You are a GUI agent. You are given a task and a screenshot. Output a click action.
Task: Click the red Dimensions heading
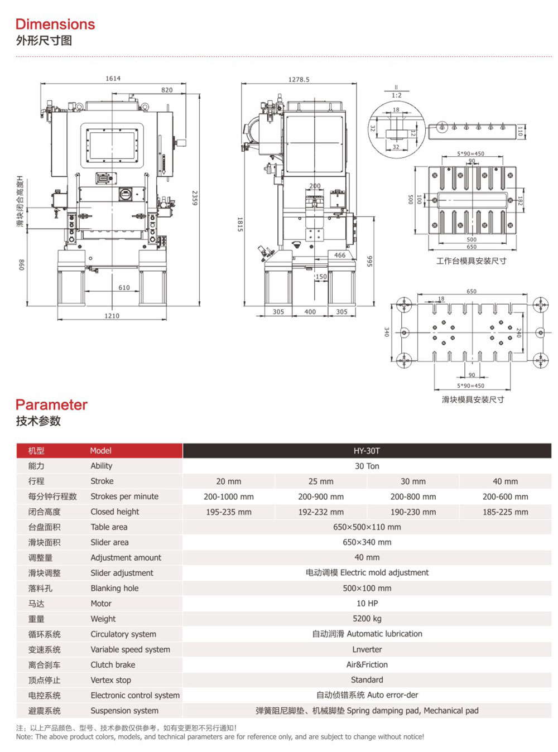55,24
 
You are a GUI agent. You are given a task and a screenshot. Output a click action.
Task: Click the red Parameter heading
51,404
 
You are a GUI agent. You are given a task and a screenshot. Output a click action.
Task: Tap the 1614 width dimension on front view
113,79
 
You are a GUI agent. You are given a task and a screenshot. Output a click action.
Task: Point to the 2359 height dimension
194,198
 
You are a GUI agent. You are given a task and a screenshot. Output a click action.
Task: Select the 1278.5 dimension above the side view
299,80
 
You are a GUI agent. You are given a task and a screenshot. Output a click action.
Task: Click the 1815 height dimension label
240,224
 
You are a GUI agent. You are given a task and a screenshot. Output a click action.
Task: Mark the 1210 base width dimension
112,316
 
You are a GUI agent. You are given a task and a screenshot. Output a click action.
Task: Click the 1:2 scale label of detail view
396,95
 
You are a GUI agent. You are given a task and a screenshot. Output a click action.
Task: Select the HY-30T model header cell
367,451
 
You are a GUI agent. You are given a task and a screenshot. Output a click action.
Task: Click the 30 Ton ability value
367,466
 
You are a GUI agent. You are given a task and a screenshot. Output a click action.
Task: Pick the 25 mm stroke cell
321,481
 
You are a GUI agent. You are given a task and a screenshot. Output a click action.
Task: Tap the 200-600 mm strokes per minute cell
505,496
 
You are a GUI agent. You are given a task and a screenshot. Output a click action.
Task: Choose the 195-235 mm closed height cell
228,512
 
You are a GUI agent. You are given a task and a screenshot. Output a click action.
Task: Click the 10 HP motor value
367,603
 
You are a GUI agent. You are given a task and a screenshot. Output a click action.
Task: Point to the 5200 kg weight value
367,618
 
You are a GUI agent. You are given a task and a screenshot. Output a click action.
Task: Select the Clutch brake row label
113,664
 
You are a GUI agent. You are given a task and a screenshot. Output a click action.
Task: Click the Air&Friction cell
367,664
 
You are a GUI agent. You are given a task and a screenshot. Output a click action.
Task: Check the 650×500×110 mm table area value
367,527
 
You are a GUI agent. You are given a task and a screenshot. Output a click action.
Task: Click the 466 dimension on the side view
340,255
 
